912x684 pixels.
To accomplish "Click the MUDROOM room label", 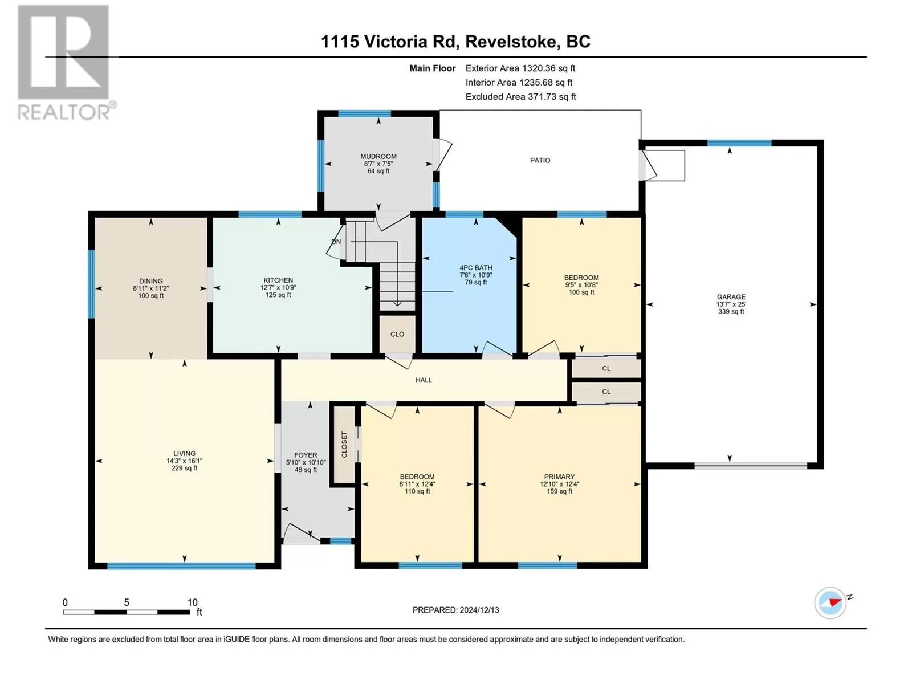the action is (x=378, y=157).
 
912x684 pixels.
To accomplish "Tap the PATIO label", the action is (x=540, y=160).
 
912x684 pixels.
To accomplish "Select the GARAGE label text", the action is (x=731, y=297).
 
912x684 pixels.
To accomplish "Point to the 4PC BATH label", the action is (x=476, y=268).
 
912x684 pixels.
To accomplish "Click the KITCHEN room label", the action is (x=278, y=280).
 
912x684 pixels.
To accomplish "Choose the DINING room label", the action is (x=151, y=281).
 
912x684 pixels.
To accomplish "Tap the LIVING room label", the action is (x=184, y=454).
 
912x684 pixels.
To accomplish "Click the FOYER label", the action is (x=306, y=455).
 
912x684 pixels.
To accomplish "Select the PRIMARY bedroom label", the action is (x=559, y=477).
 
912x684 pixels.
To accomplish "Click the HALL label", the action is (x=424, y=380).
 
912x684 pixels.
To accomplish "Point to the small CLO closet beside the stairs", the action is (x=397, y=335).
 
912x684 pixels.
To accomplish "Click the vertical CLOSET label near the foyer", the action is (x=344, y=445).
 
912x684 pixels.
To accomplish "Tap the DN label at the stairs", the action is (x=336, y=242).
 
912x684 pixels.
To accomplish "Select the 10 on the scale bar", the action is (x=192, y=602).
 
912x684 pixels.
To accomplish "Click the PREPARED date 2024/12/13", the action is (x=479, y=610).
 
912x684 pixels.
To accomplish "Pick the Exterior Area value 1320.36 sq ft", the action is (x=548, y=68).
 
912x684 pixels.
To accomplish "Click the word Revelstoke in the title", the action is (x=511, y=42).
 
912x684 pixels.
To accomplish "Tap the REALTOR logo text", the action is (x=64, y=112).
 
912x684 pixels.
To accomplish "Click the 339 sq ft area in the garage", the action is (x=731, y=311).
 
